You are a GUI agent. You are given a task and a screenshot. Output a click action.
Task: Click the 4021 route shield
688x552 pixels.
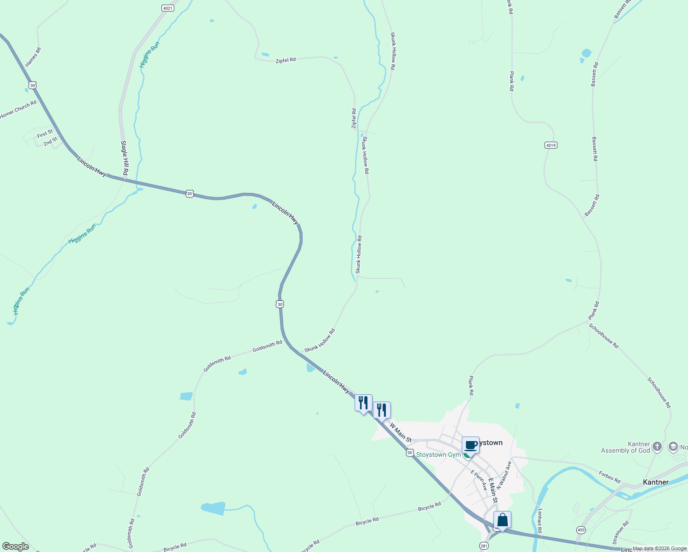point(168,8)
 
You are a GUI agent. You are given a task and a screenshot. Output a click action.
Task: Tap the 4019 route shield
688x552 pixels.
point(550,145)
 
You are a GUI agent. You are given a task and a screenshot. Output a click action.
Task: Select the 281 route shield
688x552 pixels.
point(484,546)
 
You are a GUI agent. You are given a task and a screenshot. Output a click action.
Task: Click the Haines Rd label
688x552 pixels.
point(33,57)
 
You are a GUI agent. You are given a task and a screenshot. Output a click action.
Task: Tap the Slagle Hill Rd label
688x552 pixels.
point(124,158)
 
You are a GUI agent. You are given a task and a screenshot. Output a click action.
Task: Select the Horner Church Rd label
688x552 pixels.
point(18,109)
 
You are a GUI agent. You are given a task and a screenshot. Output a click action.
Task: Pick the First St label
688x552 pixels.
point(45,134)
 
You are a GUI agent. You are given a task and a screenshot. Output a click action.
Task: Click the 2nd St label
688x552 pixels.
point(51,141)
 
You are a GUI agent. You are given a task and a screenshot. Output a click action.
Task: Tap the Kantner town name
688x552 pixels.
point(655,482)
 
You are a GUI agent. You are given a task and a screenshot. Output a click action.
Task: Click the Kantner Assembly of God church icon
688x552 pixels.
point(657,446)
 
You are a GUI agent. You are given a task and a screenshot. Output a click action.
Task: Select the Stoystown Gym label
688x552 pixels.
point(438,454)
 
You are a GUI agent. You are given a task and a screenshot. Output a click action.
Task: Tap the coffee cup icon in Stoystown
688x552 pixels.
point(470,445)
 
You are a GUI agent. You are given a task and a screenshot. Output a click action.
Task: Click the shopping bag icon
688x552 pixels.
point(502,520)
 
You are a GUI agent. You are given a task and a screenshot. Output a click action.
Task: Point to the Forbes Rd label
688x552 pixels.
point(610,477)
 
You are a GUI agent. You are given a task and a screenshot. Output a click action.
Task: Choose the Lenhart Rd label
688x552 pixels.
point(540,521)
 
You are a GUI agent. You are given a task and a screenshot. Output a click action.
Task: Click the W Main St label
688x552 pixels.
point(401,433)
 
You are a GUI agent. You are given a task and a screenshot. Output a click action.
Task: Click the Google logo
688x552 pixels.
point(16,546)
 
